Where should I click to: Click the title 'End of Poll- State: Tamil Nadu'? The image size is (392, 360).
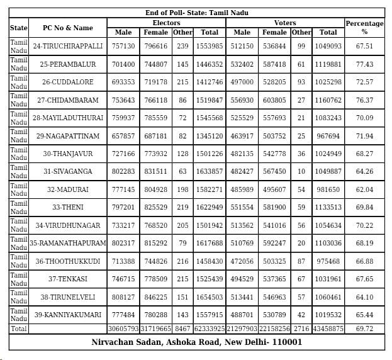tap(196, 13)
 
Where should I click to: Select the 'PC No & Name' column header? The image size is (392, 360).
tap(67, 28)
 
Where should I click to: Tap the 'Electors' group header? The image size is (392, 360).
tap(167, 23)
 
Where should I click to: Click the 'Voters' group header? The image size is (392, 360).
tap(285, 23)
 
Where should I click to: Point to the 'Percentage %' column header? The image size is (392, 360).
tap(364, 28)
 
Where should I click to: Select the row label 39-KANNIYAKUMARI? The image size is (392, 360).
tap(67, 315)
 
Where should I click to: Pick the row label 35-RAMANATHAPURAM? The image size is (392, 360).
tap(67, 243)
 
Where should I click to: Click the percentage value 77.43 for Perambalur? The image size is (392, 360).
tap(364, 64)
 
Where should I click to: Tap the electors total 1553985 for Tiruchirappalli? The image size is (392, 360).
tap(210, 46)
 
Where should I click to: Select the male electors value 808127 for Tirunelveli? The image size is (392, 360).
tap(123, 297)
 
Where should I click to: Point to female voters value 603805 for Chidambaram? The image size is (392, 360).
tap(274, 100)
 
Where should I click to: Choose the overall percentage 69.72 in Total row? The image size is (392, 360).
tap(364, 329)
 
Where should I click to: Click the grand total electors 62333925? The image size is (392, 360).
tap(210, 329)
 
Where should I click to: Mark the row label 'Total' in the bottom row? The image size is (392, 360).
tap(18, 329)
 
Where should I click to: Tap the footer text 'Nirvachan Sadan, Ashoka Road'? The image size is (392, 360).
tap(196, 342)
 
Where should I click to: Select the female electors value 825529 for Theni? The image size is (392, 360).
tap(156, 207)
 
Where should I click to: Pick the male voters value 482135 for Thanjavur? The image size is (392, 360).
tap(242, 154)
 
